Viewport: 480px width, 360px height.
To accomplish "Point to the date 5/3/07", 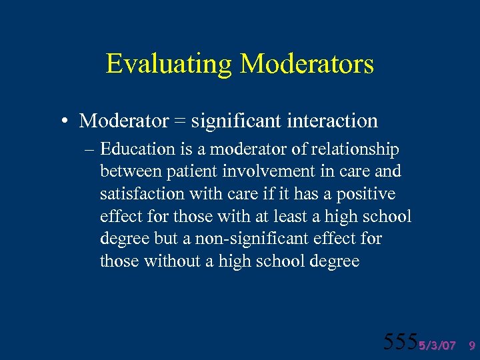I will pos(437,345).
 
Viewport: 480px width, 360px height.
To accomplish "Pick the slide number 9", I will pos(472,345).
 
